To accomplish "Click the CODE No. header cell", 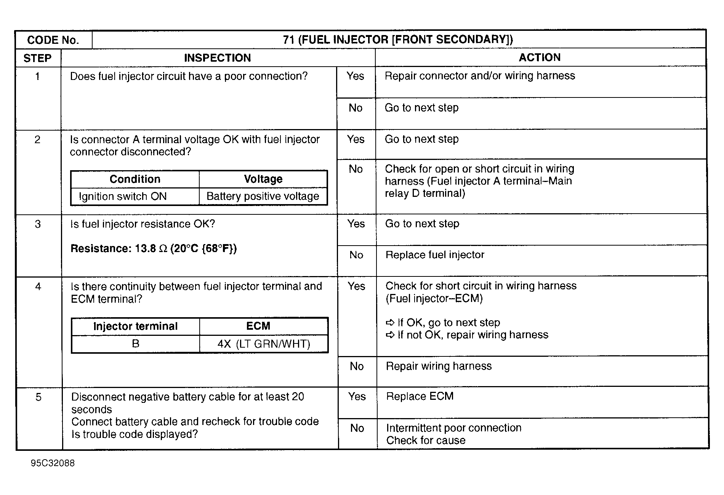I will [53, 40].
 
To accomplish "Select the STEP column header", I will [37, 58].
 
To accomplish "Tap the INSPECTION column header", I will [217, 58].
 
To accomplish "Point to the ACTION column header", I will [540, 57].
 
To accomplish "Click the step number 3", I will [38, 224].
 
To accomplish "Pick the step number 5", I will [38, 398].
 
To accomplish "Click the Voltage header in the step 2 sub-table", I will [263, 179].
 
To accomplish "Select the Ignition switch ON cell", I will [123, 196].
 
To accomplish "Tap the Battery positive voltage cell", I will [263, 196].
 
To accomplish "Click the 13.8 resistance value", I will [145, 249].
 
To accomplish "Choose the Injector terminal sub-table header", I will [135, 326].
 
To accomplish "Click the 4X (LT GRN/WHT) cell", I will [264, 344].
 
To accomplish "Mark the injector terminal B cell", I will [135, 344].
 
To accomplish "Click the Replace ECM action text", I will [420, 396].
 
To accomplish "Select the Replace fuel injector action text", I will [435, 255].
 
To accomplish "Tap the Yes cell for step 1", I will [355, 76].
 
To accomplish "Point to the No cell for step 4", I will [357, 366].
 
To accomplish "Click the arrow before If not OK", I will [390, 335].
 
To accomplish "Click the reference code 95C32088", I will [53, 463].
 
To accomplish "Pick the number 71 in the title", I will [288, 40].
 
